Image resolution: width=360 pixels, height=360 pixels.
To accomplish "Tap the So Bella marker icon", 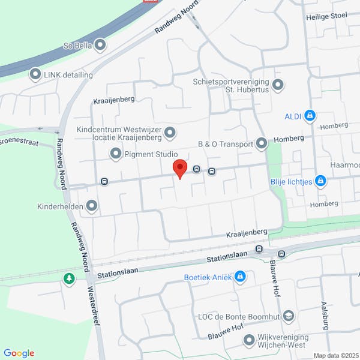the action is pyautogui.click(x=100, y=44).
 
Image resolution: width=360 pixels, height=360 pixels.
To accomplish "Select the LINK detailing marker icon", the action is pyautogui.click(x=35, y=74).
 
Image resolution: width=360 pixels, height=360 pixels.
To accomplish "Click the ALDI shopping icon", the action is pyautogui.click(x=310, y=115).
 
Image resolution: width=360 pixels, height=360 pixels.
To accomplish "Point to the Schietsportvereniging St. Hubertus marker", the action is pyautogui.click(x=277, y=85).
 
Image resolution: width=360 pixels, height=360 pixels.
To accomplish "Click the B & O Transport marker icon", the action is pyautogui.click(x=262, y=143).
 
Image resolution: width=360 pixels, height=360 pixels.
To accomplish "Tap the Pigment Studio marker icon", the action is pyautogui.click(x=116, y=154).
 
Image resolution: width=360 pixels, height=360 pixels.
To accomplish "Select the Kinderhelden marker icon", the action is pyautogui.click(x=92, y=206).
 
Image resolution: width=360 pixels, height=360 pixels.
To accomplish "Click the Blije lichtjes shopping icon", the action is pyautogui.click(x=321, y=180).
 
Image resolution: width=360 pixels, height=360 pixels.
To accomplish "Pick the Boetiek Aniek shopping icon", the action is pyautogui.click(x=241, y=276).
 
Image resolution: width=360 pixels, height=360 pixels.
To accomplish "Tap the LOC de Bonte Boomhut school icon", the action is pyautogui.click(x=289, y=316).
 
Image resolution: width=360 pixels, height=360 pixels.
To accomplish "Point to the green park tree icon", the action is pyautogui.click(x=70, y=279).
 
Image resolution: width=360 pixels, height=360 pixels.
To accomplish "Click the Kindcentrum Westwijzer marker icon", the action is pyautogui.click(x=170, y=132).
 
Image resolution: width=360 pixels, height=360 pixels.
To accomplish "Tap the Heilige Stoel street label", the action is pyautogui.click(x=327, y=17).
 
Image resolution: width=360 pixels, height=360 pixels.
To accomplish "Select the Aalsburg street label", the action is pyautogui.click(x=325, y=314).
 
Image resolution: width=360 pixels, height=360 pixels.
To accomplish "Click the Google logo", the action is pyautogui.click(x=19, y=353).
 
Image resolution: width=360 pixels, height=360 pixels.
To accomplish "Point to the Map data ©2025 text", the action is pyautogui.click(x=335, y=355).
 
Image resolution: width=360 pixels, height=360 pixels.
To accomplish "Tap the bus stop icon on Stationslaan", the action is pyautogui.click(x=259, y=249).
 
